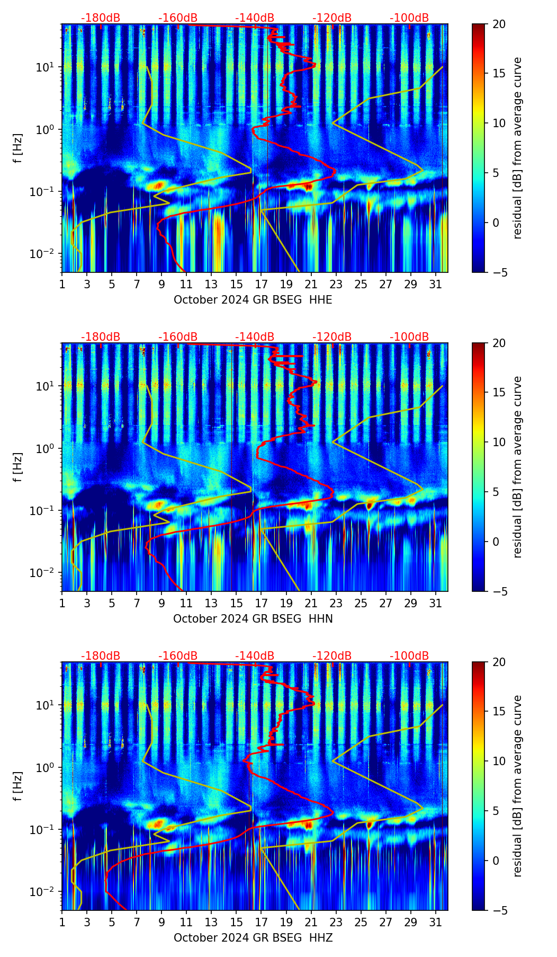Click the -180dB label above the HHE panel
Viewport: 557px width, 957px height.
(x=101, y=18)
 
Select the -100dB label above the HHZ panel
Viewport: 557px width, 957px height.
(x=409, y=656)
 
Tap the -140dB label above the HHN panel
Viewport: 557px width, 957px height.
(x=255, y=337)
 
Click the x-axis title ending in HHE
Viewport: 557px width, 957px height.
(x=253, y=300)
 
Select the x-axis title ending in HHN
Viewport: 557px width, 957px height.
(x=253, y=619)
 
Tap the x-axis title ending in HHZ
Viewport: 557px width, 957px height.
(x=253, y=938)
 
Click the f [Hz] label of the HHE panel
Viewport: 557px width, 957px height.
(x=18, y=148)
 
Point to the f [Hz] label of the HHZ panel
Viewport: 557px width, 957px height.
(x=18, y=786)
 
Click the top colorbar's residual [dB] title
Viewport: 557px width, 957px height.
(x=518, y=148)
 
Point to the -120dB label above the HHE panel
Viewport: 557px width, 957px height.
(x=332, y=18)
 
